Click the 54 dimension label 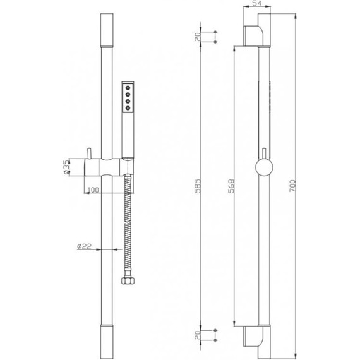click(x=256, y=3)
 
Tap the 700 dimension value click(x=292, y=186)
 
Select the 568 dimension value click(x=231, y=186)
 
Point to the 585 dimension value click(x=198, y=186)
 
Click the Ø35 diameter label click(x=66, y=167)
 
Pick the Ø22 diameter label click(x=84, y=246)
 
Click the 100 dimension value click(x=93, y=190)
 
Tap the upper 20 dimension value click(x=198, y=37)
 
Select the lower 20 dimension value click(x=198, y=335)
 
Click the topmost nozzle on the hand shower click(x=128, y=88)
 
